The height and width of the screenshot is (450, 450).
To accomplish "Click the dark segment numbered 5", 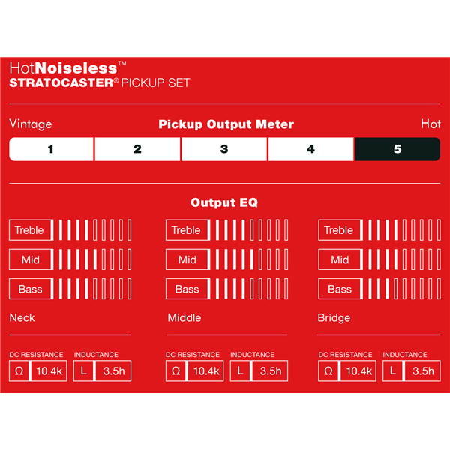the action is click(x=397, y=149).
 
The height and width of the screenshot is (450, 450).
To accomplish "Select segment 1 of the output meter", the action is click(x=51, y=149).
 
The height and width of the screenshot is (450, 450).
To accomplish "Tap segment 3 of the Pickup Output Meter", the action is click(x=224, y=149).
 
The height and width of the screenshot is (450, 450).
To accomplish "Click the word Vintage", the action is click(x=31, y=124).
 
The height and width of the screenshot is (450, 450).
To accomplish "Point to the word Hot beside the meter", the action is click(x=430, y=124).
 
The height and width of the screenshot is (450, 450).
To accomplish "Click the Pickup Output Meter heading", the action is click(x=226, y=124).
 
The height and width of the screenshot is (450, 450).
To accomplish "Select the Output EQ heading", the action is click(x=224, y=202).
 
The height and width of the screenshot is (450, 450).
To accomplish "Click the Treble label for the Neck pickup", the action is click(x=29, y=230).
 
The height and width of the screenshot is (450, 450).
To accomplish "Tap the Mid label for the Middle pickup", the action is click(x=187, y=259).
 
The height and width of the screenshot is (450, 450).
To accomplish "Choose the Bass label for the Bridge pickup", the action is click(x=340, y=289).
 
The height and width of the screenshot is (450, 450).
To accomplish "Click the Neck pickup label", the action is click(x=22, y=318).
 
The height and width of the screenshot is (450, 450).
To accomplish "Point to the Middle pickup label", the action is click(x=184, y=318).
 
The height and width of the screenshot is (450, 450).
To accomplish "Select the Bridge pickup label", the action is click(x=334, y=318).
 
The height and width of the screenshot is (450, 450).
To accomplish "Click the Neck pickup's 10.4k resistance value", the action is click(x=49, y=371).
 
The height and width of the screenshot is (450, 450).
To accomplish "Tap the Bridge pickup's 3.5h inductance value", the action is click(x=423, y=371).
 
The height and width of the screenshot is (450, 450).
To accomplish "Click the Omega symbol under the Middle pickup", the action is click(x=175, y=371).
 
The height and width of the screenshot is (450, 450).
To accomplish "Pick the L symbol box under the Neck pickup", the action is click(x=83, y=371).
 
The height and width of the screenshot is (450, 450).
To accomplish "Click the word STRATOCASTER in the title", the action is click(x=61, y=82).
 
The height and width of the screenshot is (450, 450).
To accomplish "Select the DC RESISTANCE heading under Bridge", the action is click(x=345, y=355).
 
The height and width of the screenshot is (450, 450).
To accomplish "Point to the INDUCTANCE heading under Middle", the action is click(x=252, y=355).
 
